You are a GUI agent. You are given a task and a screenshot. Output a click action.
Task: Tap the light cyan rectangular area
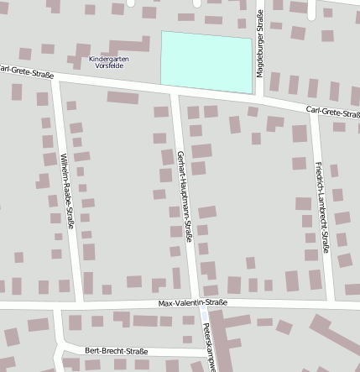(206, 62)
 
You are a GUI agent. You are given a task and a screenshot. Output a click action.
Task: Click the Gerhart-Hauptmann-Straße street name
(185, 196)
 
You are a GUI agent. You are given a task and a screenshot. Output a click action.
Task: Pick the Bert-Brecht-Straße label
(117, 351)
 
